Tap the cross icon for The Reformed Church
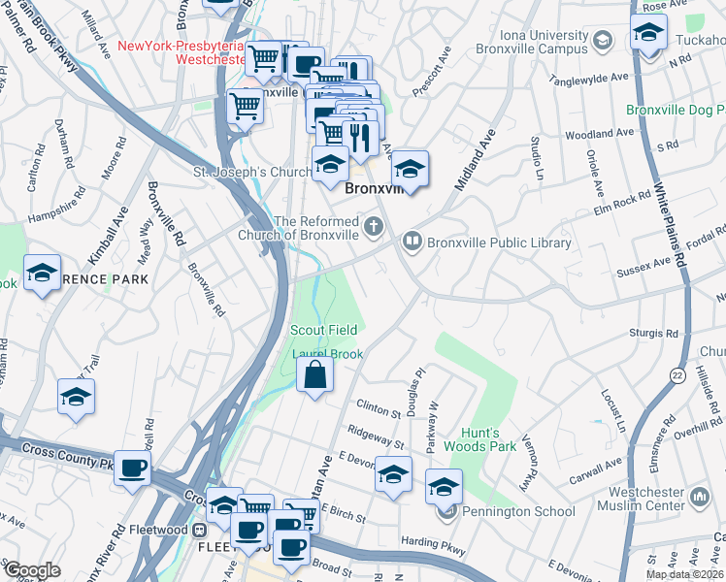374,228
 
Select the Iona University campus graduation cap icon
603,40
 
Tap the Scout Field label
324,330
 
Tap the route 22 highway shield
676,372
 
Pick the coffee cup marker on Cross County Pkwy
133,468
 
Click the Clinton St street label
379,409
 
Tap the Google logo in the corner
31,570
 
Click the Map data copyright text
682,574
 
